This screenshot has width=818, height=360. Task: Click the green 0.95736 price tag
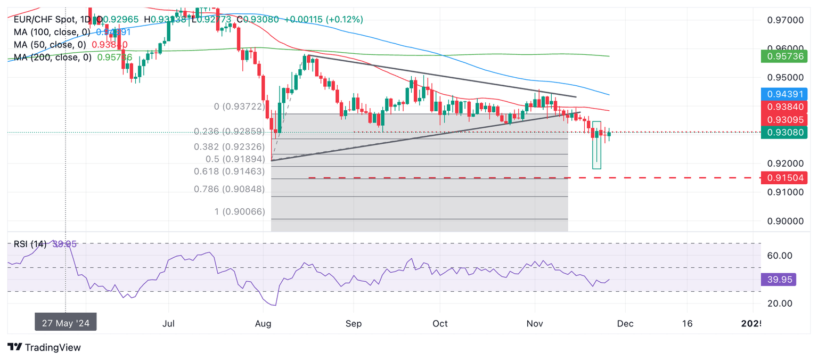coord(784,56)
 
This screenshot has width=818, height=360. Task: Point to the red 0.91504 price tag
coord(784,177)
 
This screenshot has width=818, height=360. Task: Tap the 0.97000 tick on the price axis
coord(784,21)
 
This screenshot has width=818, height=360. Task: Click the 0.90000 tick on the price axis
coord(784,222)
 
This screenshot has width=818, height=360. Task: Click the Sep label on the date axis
coord(353,323)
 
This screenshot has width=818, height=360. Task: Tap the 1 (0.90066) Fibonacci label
coord(239,212)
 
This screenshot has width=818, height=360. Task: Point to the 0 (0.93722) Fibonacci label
coord(239,107)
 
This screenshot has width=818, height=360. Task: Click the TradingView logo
coord(44,347)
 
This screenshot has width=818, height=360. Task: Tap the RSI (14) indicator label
coord(30,244)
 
